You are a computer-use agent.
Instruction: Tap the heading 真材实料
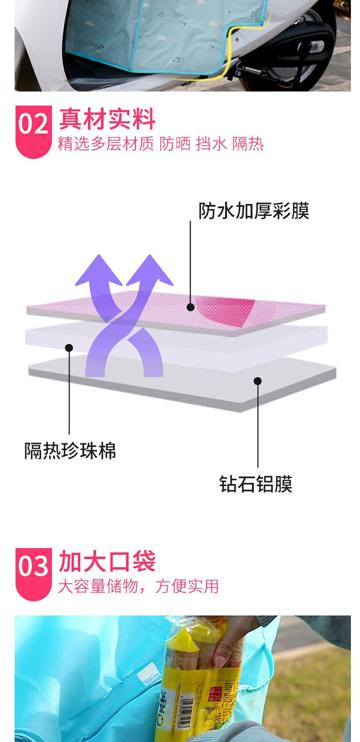pos(107,120)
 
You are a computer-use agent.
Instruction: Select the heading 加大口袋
pos(107,562)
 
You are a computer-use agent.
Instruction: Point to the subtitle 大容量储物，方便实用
pos(138,586)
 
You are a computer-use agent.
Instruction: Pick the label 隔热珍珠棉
pos(70,451)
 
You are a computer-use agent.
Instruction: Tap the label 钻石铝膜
pos(256,484)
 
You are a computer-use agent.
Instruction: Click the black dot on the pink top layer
pos(191,307)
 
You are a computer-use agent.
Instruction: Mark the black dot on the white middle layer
pos(69,347)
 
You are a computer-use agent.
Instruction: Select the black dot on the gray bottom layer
pos(258,381)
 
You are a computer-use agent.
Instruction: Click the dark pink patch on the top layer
pos(230,311)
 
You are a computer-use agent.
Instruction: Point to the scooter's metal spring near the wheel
pos(250,71)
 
